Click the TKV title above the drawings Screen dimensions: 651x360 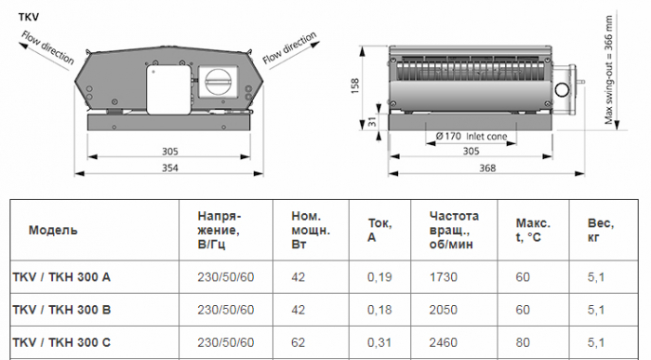(29, 17)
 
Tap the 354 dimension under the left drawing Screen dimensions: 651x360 (170, 167)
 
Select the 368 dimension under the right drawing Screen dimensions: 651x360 (487, 167)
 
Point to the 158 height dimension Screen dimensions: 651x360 (355, 86)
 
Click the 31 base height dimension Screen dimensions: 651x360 (372, 122)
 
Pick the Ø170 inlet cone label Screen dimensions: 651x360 (472, 136)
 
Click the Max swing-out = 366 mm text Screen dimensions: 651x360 (608, 70)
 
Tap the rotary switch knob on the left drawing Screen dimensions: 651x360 (218, 81)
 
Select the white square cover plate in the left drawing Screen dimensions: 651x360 (168, 89)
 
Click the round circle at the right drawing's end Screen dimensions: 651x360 (563, 90)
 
